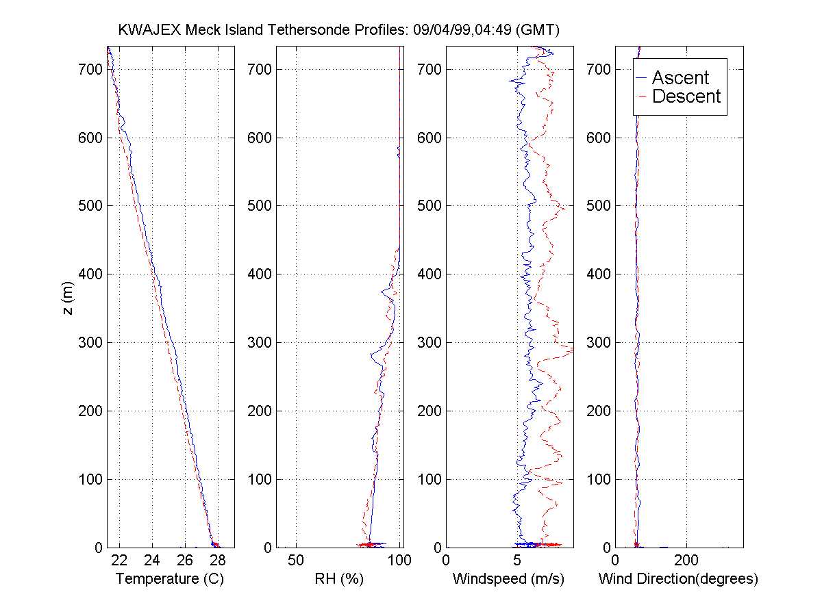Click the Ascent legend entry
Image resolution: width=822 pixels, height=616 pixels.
click(680, 77)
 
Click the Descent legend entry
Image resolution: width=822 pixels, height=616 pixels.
click(686, 97)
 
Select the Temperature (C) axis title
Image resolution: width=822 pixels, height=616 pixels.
click(170, 579)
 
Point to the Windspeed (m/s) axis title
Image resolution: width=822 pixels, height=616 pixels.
click(508, 579)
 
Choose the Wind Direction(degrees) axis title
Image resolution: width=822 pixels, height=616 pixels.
click(678, 579)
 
